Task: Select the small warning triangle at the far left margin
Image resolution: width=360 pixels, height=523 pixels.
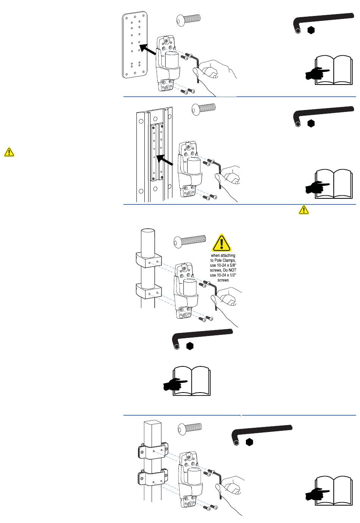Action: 9,152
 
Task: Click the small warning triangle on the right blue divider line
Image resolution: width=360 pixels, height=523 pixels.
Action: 304,209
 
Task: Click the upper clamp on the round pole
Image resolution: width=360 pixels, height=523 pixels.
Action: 149,261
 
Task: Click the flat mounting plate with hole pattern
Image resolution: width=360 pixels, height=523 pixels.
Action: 134,45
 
